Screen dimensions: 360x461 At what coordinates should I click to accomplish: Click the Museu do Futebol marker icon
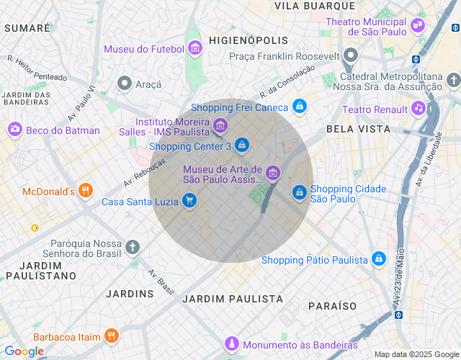point(194,48)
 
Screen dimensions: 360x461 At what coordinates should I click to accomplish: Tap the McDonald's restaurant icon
point(86,191)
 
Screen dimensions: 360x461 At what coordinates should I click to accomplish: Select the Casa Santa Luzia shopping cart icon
point(189,201)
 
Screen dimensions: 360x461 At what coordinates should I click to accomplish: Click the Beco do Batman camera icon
point(14,129)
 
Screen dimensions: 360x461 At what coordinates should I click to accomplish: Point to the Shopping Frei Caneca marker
point(299,107)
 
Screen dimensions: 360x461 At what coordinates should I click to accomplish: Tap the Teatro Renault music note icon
point(419,109)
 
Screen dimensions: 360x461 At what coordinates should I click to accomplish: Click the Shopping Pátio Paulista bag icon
point(378,259)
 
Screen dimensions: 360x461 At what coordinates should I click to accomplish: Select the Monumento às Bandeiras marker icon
point(231,343)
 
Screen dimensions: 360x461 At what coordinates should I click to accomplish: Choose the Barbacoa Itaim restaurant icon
point(111,336)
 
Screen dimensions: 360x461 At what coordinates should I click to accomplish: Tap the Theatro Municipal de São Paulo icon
point(417,27)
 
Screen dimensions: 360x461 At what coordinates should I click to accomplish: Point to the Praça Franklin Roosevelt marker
point(351,55)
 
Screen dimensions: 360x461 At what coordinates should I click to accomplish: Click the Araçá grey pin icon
point(125,84)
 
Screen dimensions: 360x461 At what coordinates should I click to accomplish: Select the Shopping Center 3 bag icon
point(243,145)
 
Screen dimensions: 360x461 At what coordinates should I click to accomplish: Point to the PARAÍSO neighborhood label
point(332,306)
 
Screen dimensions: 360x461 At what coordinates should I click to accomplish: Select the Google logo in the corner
point(24,351)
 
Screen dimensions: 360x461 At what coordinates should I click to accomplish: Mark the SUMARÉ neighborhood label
point(27,28)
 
